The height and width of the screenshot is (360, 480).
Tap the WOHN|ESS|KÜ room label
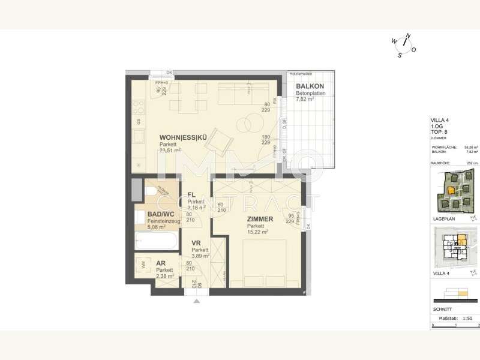pyautogui.click(x=183, y=137)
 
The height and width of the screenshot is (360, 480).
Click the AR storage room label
pyautogui.click(x=161, y=263)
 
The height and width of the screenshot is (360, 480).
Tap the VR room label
pyautogui.click(x=196, y=243)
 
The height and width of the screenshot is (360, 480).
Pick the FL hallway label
pyautogui.click(x=191, y=194)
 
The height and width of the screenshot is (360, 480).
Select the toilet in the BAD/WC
pyautogui.click(x=148, y=191)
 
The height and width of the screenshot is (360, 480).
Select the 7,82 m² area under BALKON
pyautogui.click(x=305, y=100)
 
